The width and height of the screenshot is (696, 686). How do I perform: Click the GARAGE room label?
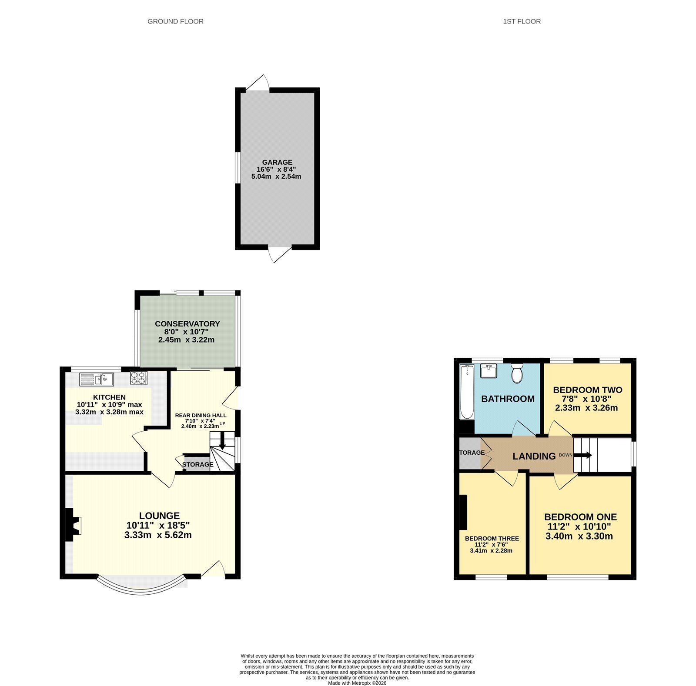tap(277, 162)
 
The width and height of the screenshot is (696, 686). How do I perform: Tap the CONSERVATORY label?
tap(187, 323)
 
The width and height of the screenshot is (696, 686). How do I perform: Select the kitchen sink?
tap(97, 380)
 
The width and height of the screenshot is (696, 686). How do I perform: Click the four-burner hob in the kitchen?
tap(139, 378)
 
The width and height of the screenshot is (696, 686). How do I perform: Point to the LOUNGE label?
tap(159, 516)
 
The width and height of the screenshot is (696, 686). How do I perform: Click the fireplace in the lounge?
tap(73, 525)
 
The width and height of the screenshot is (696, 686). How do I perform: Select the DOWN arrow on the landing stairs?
tap(583, 455)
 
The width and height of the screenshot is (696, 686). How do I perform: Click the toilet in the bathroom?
tap(517, 373)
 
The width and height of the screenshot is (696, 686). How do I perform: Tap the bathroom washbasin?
tap(489, 371)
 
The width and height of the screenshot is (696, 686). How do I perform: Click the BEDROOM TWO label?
tap(587, 390)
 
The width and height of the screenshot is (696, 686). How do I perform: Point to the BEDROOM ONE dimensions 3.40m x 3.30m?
tap(579, 536)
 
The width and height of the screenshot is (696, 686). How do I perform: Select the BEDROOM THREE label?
tap(492, 538)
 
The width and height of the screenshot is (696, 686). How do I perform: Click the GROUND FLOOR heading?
tap(175, 21)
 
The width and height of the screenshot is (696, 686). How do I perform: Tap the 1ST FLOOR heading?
tap(522, 21)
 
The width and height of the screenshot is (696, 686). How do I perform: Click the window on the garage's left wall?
tap(238, 167)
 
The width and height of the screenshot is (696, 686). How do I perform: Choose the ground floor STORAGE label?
tap(197, 464)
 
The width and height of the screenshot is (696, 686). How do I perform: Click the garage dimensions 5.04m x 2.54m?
tap(276, 176)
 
